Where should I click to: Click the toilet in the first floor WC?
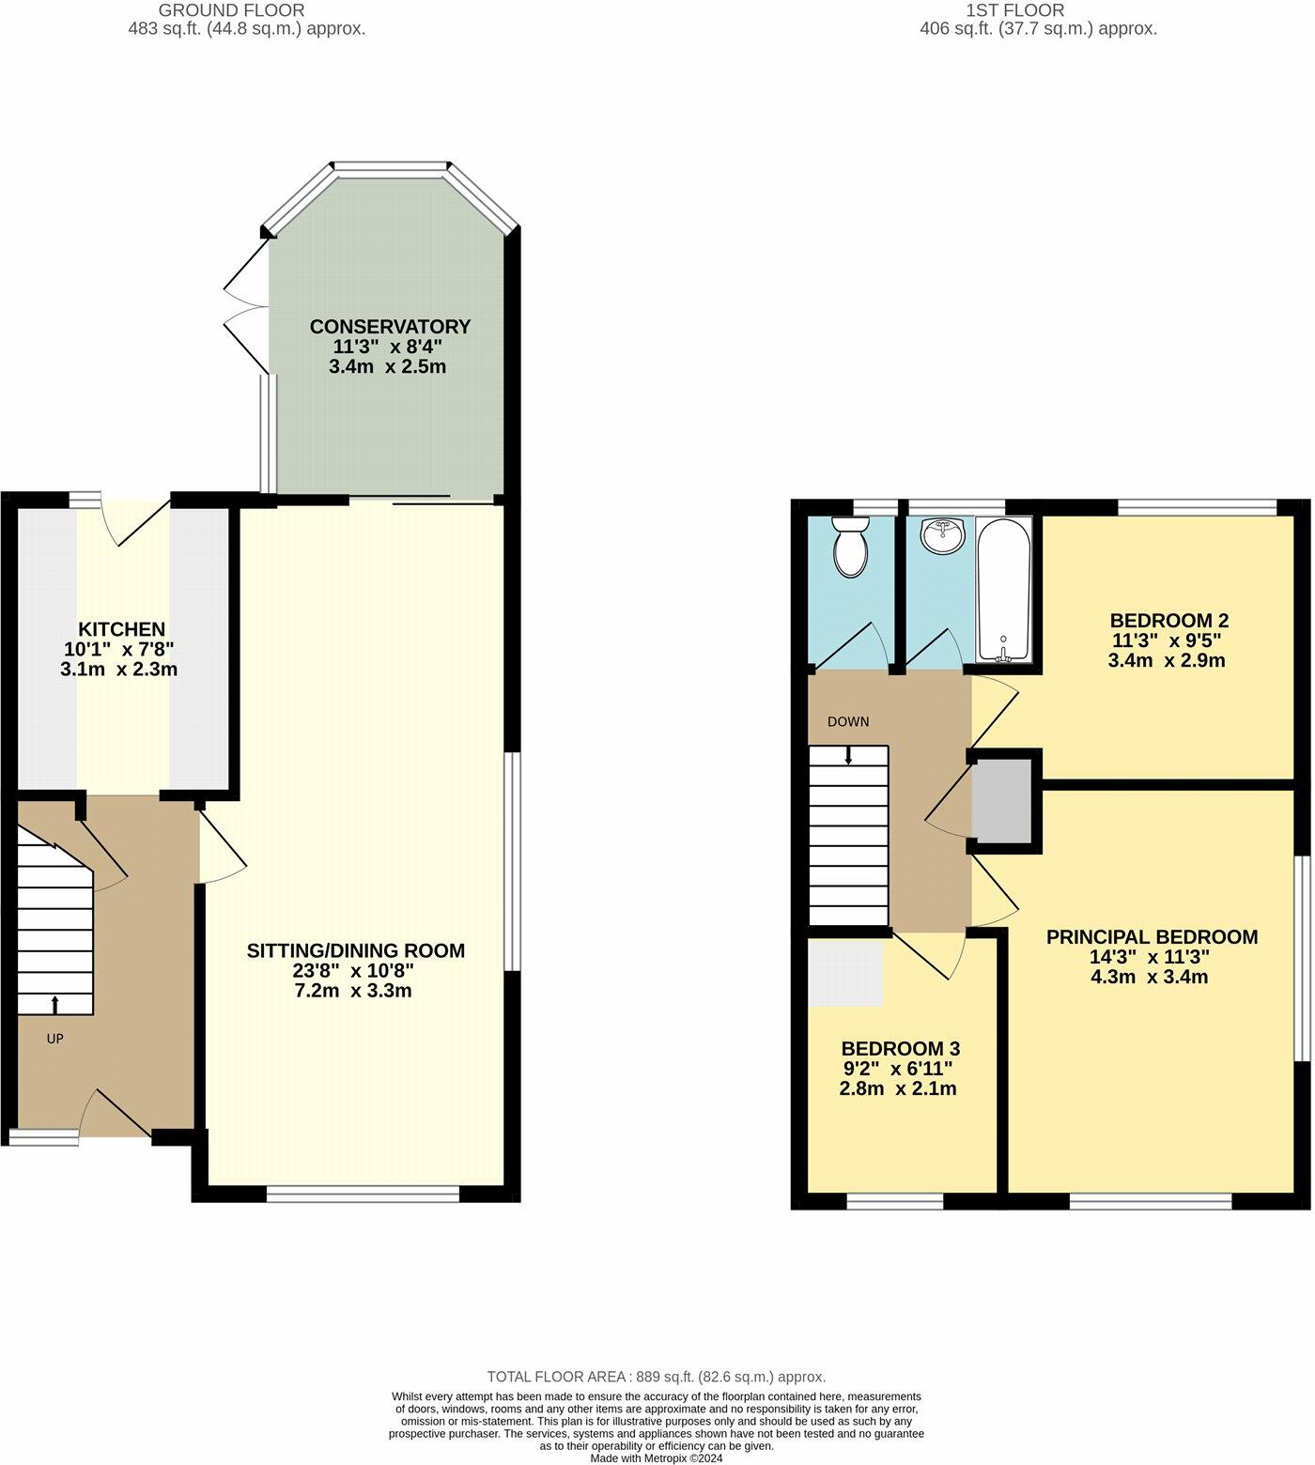[852, 547]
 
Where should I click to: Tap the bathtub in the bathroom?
[1004, 589]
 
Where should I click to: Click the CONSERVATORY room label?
[390, 327]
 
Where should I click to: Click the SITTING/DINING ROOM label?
[355, 950]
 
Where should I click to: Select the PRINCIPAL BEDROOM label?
[1152, 936]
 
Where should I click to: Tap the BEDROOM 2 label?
[1168, 621]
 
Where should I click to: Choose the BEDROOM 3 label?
[900, 1049]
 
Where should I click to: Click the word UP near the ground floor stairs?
[55, 1039]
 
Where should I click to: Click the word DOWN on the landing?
[848, 722]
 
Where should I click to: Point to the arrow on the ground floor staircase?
[54, 1004]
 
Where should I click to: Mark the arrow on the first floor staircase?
[849, 755]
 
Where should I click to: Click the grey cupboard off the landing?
[1001, 801]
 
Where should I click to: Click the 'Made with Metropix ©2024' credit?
[657, 1457]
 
